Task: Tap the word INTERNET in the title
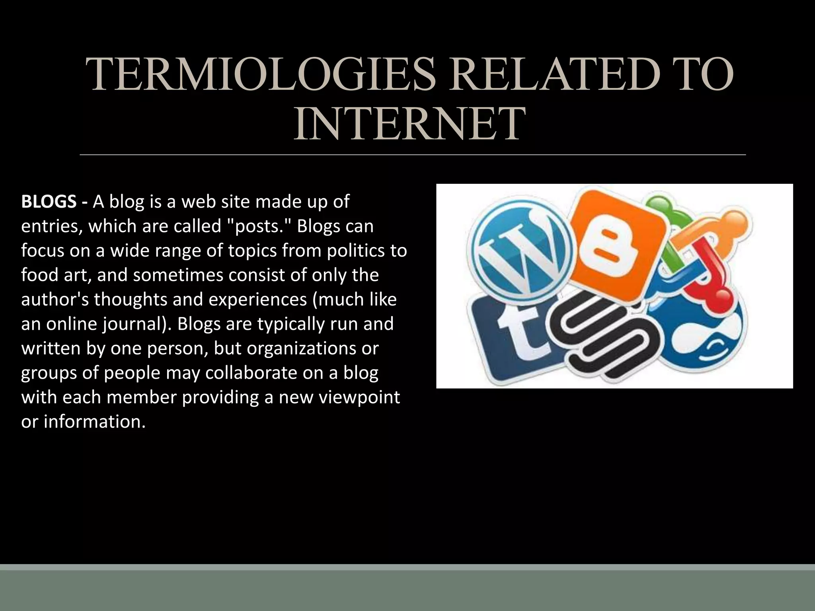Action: (409, 124)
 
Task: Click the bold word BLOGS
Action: (49, 202)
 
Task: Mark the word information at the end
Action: (94, 422)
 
